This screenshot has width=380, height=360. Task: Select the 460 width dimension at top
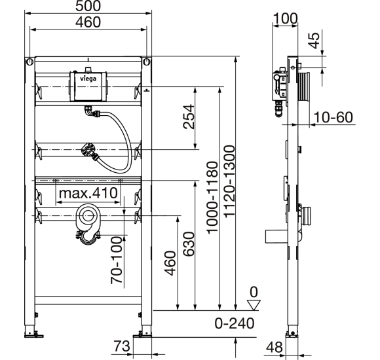[88, 23]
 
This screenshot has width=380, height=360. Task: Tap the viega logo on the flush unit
[88, 77]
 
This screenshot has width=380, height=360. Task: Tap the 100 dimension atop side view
[285, 18]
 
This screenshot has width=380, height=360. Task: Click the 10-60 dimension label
[333, 117]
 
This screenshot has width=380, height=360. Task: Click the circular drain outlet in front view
[87, 215]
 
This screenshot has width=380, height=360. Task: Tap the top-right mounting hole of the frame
[145, 63]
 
